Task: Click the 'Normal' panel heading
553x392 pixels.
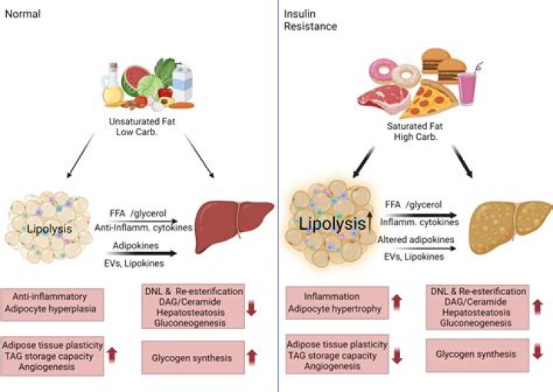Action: [x=22, y=14]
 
